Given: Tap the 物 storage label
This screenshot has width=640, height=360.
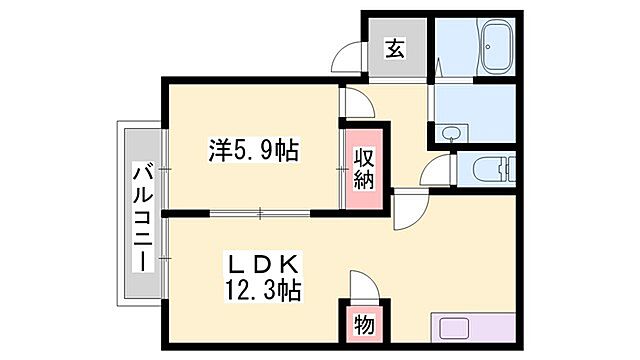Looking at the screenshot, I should [363, 324].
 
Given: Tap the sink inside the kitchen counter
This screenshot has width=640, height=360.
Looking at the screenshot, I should [455, 327].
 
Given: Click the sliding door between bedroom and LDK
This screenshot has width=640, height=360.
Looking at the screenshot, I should [260, 212].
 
